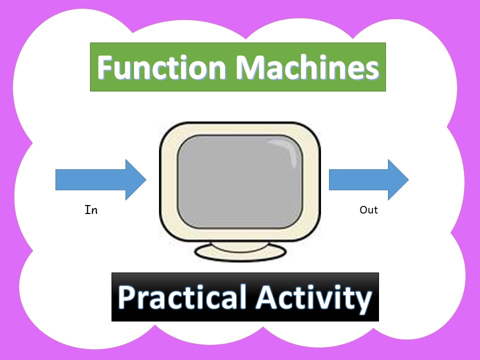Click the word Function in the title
coord(161,67)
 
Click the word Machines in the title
coord(307,67)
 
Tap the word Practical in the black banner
coord(182,297)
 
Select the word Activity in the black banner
coord(313,298)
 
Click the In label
coord(91,210)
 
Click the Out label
coord(368,210)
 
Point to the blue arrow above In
coord(100,180)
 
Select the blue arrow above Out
coord(368,180)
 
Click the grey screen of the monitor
coord(240,181)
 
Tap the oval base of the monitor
coord(240,252)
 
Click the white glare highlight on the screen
coord(286,151)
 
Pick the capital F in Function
coord(105,67)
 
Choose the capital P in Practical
coord(126,297)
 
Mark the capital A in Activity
coord(266,297)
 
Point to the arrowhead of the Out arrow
coord(398,180)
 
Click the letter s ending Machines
coord(373,71)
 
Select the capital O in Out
coord(363,210)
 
